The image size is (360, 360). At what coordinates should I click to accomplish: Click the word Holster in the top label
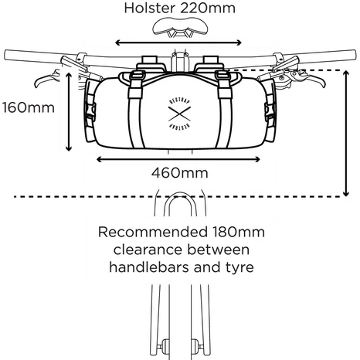click(149, 8)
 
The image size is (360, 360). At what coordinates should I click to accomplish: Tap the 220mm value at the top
click(208, 8)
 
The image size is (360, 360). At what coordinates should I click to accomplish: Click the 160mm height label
click(29, 107)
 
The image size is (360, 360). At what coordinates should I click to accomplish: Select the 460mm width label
click(180, 173)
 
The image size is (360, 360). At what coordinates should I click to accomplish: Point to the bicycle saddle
click(180, 27)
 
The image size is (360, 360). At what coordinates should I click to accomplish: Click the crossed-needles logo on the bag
click(179, 114)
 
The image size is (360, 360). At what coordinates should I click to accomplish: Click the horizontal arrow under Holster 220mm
click(178, 42)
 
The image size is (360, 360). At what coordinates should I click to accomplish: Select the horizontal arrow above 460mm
click(178, 160)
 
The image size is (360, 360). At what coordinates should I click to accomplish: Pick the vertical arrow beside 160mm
click(69, 112)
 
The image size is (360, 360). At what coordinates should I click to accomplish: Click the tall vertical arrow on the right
click(346, 133)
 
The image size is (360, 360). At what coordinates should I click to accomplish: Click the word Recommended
click(153, 232)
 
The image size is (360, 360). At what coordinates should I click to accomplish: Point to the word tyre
click(239, 268)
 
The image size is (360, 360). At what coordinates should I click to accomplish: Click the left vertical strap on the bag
click(136, 110)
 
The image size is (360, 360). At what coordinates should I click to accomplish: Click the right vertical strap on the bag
click(223, 110)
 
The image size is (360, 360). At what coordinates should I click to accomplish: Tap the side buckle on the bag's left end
click(90, 111)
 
